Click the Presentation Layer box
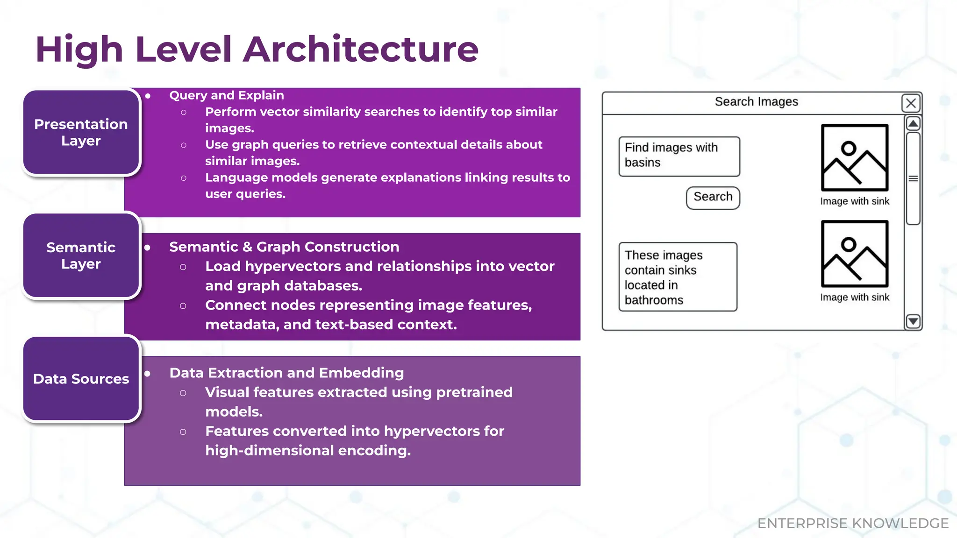81,133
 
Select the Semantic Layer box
81,255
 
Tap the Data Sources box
81,379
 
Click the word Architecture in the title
361,49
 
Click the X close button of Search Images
911,103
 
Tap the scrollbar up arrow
913,124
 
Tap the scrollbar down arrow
913,321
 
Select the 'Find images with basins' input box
679,156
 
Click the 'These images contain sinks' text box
678,277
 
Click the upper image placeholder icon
854,158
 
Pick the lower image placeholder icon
854,254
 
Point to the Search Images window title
756,102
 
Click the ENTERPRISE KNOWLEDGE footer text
853,523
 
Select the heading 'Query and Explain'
226,95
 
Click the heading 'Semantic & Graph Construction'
284,247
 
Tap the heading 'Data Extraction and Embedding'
286,373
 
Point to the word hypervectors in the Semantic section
293,266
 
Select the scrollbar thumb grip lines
913,178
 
